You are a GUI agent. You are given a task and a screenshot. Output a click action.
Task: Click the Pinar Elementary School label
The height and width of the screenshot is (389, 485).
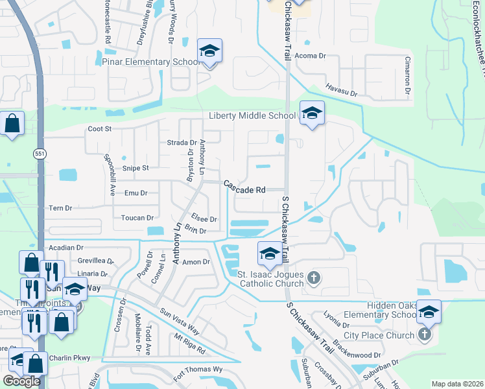tap(150, 62)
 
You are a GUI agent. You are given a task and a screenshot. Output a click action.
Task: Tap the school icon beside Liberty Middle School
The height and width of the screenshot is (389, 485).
tap(312, 114)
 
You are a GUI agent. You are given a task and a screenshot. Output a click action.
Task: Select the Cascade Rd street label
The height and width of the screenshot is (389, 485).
tap(245, 187)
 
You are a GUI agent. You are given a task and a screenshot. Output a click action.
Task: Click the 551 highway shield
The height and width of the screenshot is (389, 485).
tap(40, 152)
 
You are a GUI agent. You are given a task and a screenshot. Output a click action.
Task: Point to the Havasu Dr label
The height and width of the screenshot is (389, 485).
tap(342, 90)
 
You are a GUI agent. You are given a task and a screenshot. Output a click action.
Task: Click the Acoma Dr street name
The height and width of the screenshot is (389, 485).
tap(310, 56)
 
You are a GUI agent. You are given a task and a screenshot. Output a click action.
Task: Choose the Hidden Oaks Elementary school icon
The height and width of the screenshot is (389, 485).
tap(428, 312)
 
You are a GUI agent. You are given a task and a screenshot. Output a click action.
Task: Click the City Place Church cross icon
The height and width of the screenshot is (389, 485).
tap(425, 335)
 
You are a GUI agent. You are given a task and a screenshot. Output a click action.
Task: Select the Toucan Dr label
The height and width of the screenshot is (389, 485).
tap(137, 218)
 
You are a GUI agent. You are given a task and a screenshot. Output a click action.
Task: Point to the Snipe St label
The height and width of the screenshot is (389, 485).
tap(136, 168)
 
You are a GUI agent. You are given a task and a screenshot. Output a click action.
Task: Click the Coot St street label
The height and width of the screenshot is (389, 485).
tap(100, 129)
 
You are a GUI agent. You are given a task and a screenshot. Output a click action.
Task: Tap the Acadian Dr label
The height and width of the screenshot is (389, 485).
tap(67, 248)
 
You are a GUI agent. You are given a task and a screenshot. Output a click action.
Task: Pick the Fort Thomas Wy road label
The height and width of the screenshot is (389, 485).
tap(198, 373)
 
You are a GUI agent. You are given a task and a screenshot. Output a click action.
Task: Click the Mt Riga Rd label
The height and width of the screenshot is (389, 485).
tap(189, 344)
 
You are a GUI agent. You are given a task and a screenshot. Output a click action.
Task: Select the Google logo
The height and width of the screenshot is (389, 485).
tap(21, 381)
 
